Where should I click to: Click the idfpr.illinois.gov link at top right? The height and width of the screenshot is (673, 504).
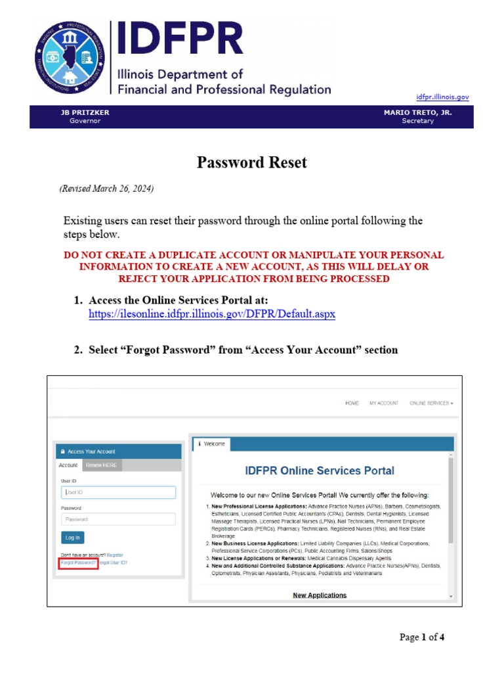(x=443, y=97)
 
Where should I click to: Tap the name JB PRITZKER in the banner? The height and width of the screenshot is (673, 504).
(x=85, y=112)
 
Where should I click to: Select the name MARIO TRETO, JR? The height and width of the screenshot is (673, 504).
(x=417, y=112)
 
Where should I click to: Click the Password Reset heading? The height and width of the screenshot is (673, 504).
(x=251, y=162)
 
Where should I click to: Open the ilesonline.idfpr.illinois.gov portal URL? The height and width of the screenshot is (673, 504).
(x=211, y=314)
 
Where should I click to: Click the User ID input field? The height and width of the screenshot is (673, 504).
(x=118, y=492)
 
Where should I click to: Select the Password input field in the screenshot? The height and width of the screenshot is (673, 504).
(x=118, y=519)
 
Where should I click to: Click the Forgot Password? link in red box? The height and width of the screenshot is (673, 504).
(x=79, y=563)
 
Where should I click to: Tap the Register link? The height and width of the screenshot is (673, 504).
(x=115, y=555)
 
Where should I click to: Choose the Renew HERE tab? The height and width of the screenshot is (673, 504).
(x=102, y=465)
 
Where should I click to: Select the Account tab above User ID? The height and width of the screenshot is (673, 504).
(x=68, y=465)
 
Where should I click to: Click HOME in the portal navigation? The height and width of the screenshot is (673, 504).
(x=352, y=403)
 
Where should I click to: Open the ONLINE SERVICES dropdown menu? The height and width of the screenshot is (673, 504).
(x=431, y=403)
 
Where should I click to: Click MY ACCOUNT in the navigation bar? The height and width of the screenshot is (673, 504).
(x=384, y=403)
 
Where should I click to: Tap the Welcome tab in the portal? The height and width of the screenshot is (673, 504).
(x=211, y=444)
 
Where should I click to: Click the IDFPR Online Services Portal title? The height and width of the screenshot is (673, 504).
(x=320, y=471)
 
